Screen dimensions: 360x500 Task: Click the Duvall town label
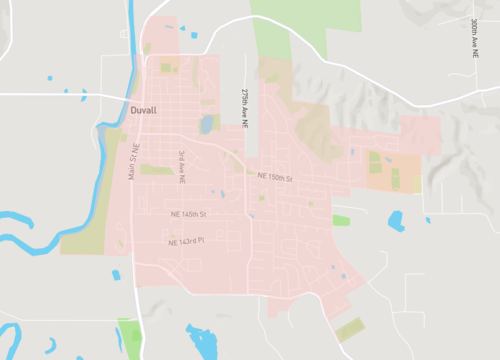click(x=143, y=111)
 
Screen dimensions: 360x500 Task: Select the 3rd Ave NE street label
click(x=182, y=166)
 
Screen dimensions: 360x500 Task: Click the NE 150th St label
click(x=274, y=176)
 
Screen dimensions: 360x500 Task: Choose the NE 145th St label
click(x=187, y=214)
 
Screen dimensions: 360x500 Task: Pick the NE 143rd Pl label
click(x=186, y=241)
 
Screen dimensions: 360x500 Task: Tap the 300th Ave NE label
click(x=474, y=37)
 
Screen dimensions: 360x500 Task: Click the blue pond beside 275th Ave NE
click(x=207, y=124)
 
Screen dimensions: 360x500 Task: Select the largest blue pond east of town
click(x=396, y=220)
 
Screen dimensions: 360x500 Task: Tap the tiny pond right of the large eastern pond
click(x=427, y=219)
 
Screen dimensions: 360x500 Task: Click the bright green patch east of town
click(x=342, y=220)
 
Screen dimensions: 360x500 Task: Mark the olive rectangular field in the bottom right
click(x=349, y=329)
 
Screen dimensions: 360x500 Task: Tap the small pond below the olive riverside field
click(x=116, y=275)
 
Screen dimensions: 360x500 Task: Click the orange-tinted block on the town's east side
click(x=390, y=172)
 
